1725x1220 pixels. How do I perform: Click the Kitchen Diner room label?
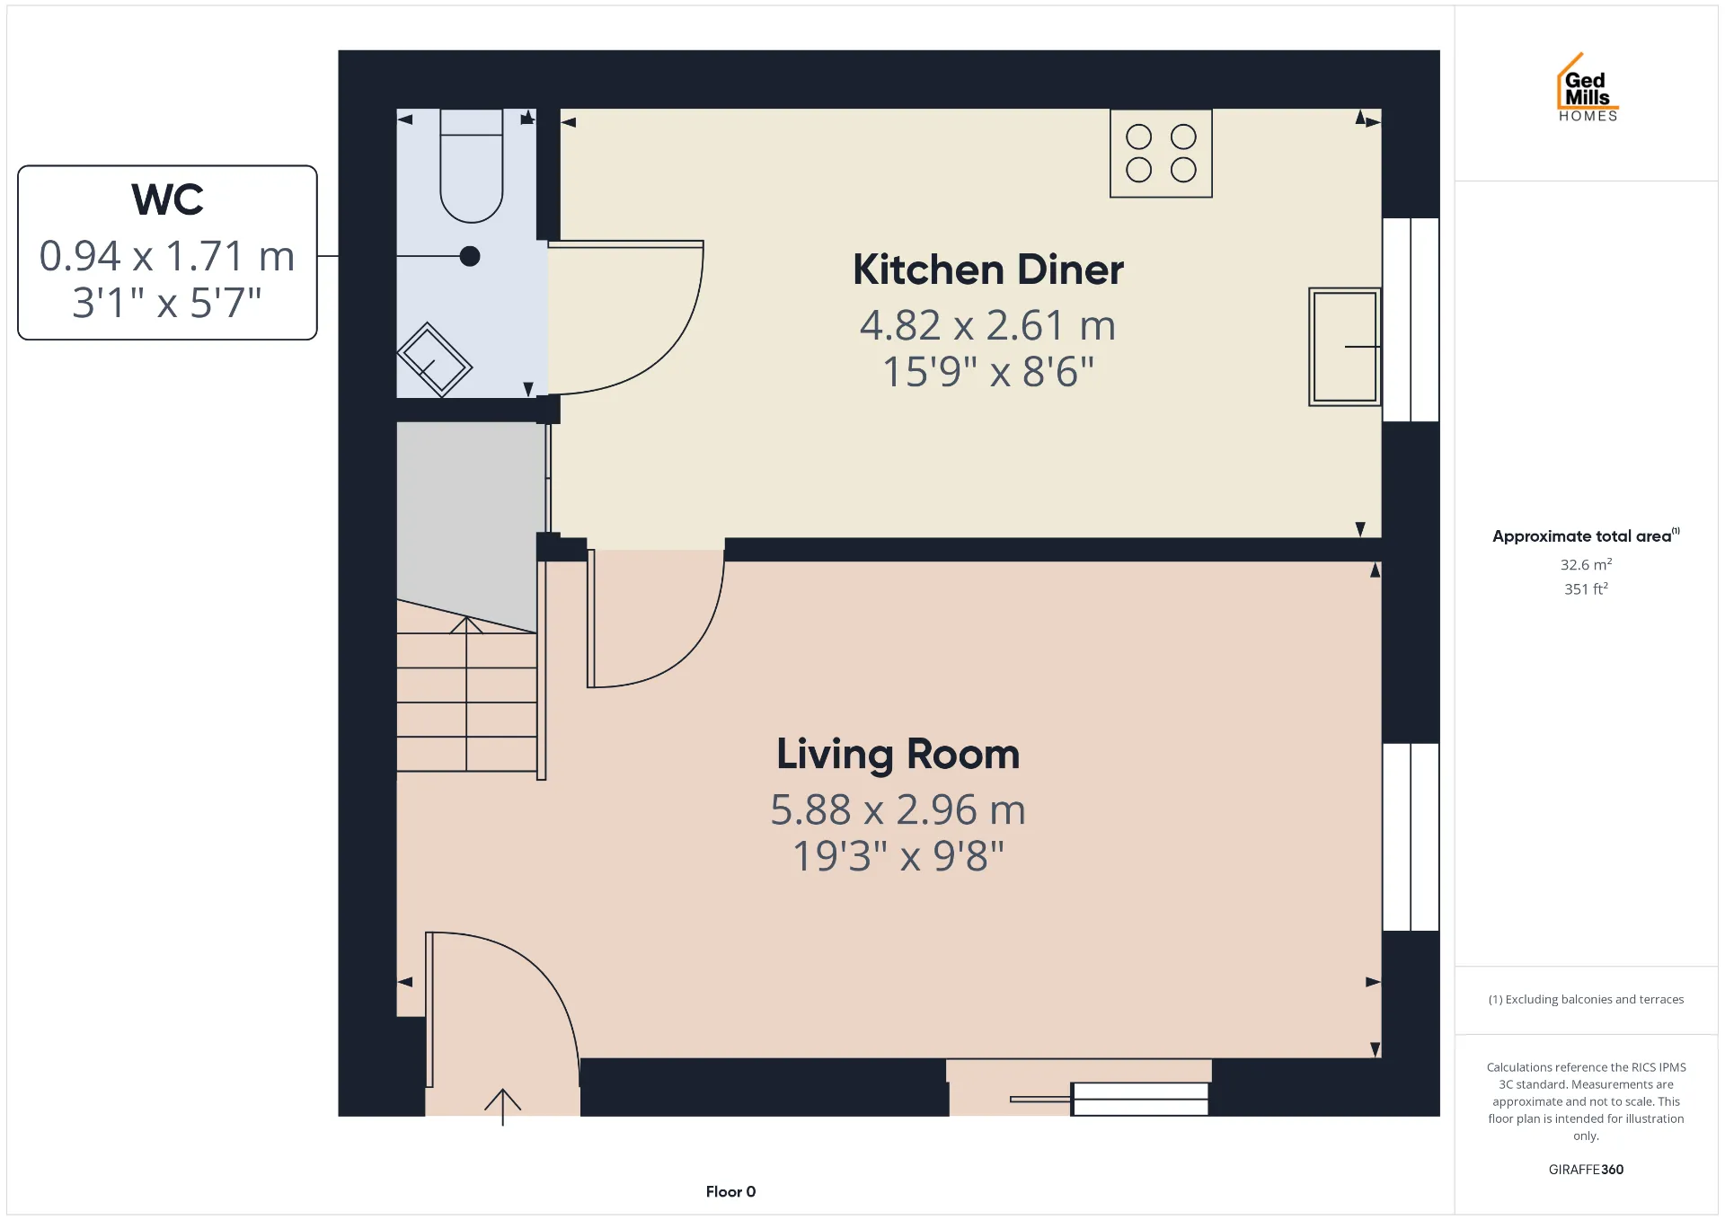pos(988,270)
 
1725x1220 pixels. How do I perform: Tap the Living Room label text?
pos(898,755)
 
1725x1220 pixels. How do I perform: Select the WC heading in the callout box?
pos(168,199)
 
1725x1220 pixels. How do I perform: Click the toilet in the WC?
pos(472,166)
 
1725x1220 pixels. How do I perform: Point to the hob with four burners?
pos(1161,154)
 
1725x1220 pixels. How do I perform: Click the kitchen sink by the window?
pos(1344,347)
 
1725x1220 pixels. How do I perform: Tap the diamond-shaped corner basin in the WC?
pos(434,359)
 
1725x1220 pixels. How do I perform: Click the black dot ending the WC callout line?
pos(470,256)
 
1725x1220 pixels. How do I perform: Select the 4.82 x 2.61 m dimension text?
pos(988,325)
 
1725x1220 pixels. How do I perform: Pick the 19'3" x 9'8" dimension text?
pos(898,856)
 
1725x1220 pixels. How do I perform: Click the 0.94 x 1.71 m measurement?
pos(167,256)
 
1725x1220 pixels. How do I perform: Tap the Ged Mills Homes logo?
pos(1588,88)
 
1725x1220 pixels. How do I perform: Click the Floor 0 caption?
pos(730,1192)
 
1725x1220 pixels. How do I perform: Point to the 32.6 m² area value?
pos(1586,564)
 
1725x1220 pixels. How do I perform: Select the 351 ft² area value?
pos(1586,588)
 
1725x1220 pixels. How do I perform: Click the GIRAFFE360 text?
pos(1586,1170)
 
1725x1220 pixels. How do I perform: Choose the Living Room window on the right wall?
pos(1411,836)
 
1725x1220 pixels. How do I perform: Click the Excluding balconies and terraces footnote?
pos(1586,999)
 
